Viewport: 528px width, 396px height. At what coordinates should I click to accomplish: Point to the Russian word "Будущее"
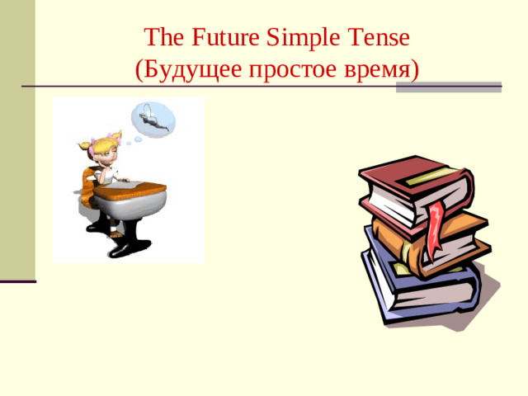point(192,69)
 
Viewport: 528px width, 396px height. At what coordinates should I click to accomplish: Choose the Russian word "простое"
point(291,69)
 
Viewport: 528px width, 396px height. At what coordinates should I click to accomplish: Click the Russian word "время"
point(376,69)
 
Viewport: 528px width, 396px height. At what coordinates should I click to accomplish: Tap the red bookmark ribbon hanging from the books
point(436,223)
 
